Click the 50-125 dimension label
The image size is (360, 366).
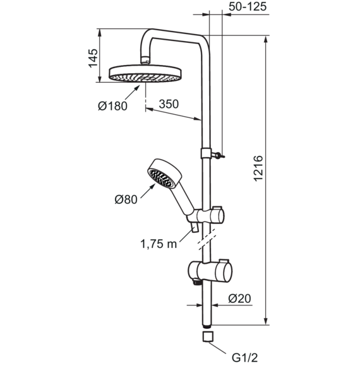[x=248, y=7]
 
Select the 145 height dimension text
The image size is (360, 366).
[x=93, y=58]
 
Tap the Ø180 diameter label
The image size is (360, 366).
[x=112, y=106]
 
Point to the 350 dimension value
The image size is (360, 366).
[x=169, y=104]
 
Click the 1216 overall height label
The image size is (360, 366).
[x=258, y=168]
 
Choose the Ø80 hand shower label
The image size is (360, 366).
[x=126, y=199]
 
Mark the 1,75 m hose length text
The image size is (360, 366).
[x=159, y=244]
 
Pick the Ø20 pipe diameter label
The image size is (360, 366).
[x=240, y=298]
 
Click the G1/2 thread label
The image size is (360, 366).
[x=244, y=357]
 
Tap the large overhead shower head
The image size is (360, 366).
[x=145, y=74]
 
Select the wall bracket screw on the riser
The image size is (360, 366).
[x=218, y=155]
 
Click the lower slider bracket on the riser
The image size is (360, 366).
[x=210, y=271]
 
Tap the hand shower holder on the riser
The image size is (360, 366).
[x=206, y=216]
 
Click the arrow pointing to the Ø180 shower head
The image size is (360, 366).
[x=132, y=93]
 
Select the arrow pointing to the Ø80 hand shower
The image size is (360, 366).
[x=148, y=191]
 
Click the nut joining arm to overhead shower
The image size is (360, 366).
[x=145, y=60]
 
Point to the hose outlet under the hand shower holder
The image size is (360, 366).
[x=195, y=227]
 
